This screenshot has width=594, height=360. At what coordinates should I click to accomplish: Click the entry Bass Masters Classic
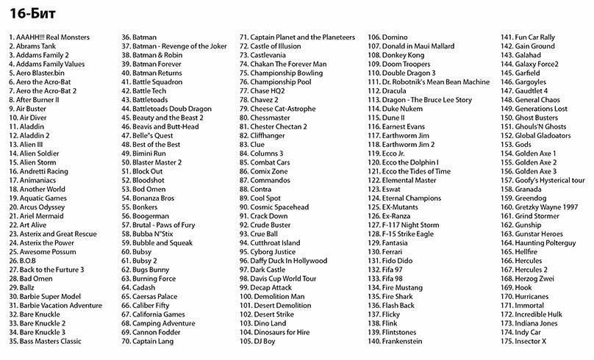[46, 341]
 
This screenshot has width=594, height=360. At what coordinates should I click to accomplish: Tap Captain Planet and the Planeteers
[298, 36]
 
